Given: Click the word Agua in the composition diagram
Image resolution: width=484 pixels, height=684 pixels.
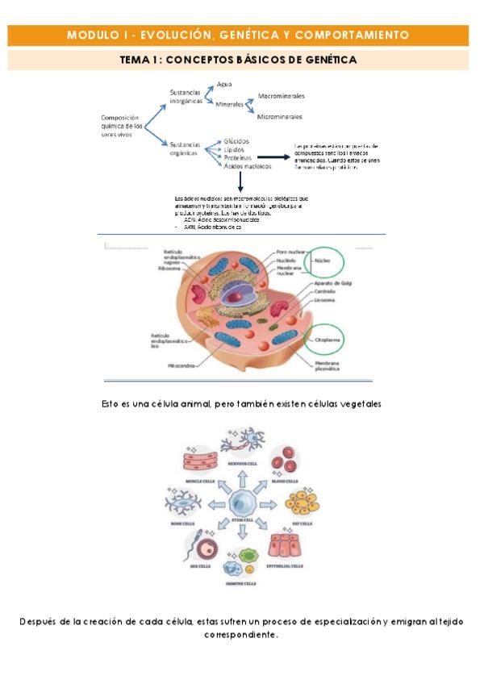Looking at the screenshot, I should pyautogui.click(x=225, y=84).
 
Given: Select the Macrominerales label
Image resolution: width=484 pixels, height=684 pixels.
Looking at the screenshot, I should pyautogui.click(x=282, y=96).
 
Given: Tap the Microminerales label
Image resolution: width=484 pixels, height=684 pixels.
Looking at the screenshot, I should pyautogui.click(x=281, y=117).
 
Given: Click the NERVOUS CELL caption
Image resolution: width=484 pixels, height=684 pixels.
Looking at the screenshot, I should pyautogui.click(x=242, y=463).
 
